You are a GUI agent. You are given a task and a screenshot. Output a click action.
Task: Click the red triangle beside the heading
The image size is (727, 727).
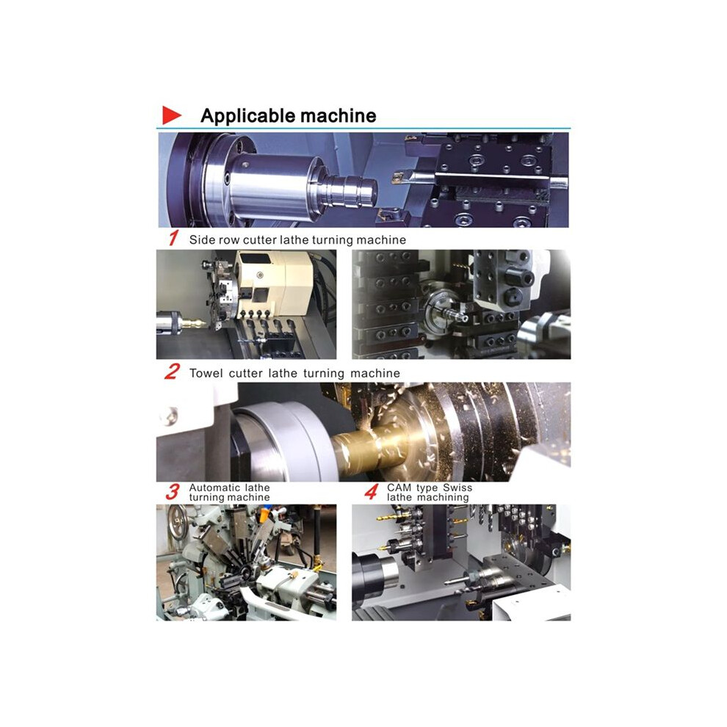170,115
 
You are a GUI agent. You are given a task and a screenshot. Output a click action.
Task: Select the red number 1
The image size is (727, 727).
173,239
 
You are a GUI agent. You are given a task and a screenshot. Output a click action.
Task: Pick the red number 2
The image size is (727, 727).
172,372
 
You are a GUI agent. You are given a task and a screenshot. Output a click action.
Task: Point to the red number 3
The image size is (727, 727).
173,492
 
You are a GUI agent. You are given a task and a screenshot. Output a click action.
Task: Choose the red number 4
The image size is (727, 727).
371,492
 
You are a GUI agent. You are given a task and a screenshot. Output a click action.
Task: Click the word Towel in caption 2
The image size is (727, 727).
206,373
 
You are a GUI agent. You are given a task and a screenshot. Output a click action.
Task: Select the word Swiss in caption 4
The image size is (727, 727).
457,488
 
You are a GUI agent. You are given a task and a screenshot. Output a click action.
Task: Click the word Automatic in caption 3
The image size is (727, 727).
214,488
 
